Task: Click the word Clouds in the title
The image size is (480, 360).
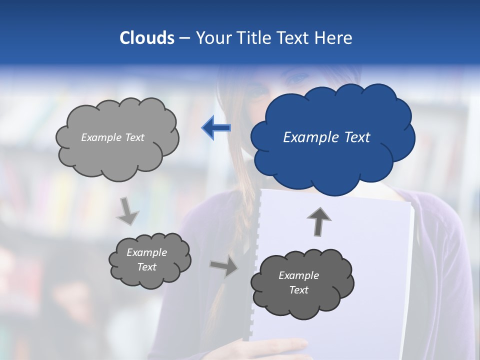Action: coord(147,37)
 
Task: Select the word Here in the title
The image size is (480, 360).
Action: coord(334,37)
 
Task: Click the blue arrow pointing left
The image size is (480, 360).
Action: coord(216,128)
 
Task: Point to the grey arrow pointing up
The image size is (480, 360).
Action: coord(319,221)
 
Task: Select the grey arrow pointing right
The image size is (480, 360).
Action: coord(223,267)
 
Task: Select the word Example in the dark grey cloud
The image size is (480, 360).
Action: coord(298,275)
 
